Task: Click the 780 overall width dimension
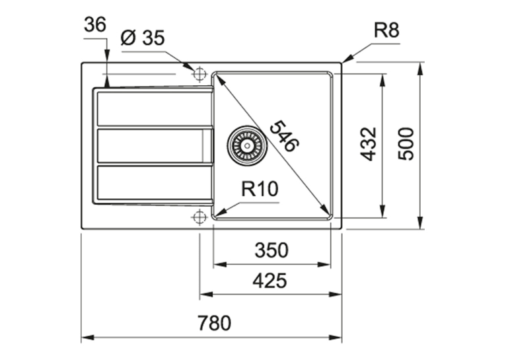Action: pyautogui.click(x=215, y=323)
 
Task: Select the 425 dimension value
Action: pyautogui.click(x=270, y=280)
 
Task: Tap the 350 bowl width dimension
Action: pyautogui.click(x=271, y=250)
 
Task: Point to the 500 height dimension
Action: pyautogui.click(x=406, y=144)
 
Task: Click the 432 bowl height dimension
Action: pyautogui.click(x=368, y=144)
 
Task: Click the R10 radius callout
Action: pyautogui.click(x=260, y=189)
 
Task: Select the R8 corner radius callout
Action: pyautogui.click(x=386, y=30)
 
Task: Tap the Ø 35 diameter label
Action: pyautogui.click(x=142, y=38)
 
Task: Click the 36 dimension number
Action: pyautogui.click(x=95, y=24)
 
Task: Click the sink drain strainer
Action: pyautogui.click(x=247, y=145)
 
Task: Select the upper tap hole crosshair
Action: pyautogui.click(x=199, y=74)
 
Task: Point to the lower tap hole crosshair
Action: pyautogui.click(x=199, y=217)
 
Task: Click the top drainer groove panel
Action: pyautogui.click(x=155, y=108)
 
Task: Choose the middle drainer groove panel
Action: pyautogui.click(x=155, y=145)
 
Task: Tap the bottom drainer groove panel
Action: pyautogui.click(x=155, y=182)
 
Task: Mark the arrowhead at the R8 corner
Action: pyautogui.click(x=346, y=59)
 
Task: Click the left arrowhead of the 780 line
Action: pyautogui.click(x=87, y=338)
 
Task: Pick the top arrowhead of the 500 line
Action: pyautogui.click(x=420, y=69)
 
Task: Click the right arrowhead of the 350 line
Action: pyautogui.click(x=324, y=265)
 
